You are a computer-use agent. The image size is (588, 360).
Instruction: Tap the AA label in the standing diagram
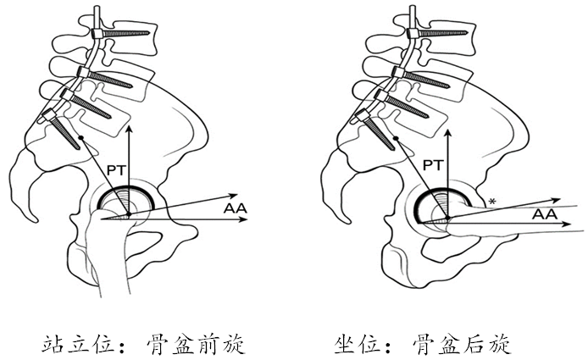pos(236,208)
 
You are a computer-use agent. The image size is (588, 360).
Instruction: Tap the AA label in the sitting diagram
pos(544,215)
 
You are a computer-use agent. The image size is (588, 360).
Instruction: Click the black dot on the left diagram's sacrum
pos(79,137)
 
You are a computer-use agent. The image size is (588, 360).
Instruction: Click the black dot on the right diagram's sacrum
pos(396,137)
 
